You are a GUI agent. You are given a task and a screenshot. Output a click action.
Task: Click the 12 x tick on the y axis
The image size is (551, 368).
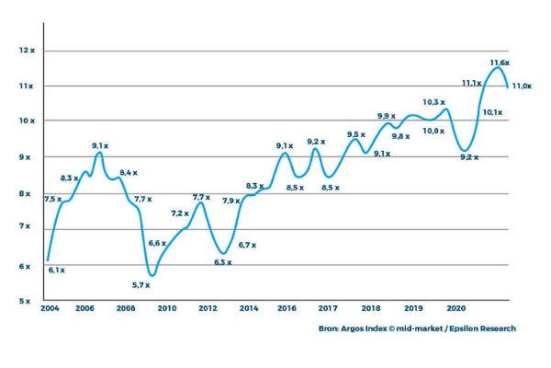pos(26,50)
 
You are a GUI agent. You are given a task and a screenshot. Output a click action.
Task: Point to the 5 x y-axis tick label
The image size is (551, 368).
pos(26,301)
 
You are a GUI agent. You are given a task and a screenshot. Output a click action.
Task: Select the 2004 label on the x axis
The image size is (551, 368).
pos(50,309)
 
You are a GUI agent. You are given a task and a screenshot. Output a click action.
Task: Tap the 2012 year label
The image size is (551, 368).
pos(207,309)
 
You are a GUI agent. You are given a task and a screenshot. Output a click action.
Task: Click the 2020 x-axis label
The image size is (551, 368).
pos(455,309)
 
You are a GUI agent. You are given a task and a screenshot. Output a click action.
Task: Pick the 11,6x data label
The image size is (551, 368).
pos(500,62)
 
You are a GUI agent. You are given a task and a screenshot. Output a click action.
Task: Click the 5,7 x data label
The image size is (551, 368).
pos(141,284)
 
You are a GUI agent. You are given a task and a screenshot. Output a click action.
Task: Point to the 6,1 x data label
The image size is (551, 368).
pos(56,270)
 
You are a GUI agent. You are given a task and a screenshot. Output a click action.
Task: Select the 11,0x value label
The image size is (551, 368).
pos(522,86)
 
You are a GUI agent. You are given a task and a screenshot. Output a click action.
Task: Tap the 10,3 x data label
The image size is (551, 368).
pos(433,102)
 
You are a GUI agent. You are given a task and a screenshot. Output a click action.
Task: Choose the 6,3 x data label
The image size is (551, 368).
pos(222,262)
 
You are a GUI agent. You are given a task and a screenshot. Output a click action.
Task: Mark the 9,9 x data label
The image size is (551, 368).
pos(386,116)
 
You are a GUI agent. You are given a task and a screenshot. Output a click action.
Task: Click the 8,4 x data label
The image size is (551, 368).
pos(128,172)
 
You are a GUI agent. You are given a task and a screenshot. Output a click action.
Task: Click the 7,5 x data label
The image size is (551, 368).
pos(52,199)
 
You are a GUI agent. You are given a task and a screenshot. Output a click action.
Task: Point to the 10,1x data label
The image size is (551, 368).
pos(492,112)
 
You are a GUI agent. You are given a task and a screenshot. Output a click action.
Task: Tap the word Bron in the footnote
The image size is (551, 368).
pos(330,328)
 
